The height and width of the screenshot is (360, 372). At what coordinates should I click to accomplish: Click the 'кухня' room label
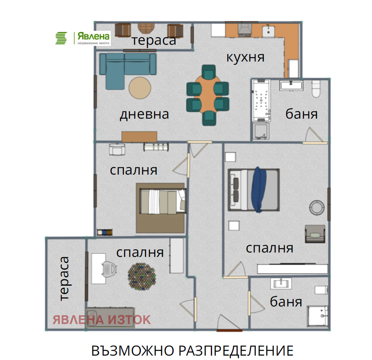[x=245, y=57]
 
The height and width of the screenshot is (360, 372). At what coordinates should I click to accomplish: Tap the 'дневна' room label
[x=144, y=114]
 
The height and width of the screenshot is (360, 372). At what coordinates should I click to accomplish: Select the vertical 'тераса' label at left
[x=64, y=278]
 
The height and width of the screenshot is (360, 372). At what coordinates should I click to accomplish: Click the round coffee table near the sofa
[x=140, y=88]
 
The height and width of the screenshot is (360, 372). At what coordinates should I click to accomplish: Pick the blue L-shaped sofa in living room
[x=124, y=68]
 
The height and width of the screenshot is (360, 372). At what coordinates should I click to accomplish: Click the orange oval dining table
[x=208, y=95]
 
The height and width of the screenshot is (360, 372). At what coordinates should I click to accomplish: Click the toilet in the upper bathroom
[x=316, y=89]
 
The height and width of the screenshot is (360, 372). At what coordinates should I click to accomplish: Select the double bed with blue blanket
[x=253, y=189]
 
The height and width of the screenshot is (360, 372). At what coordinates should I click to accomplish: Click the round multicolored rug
[x=141, y=275]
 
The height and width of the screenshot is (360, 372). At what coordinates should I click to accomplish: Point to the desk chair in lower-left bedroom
[x=109, y=268]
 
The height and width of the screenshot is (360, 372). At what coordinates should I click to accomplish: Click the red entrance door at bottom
[x=229, y=330]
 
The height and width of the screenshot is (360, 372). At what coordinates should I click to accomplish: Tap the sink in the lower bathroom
[x=283, y=284]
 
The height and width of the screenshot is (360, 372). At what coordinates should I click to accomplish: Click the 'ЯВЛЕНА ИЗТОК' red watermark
[x=102, y=320]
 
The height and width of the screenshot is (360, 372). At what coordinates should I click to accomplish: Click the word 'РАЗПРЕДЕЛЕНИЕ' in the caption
[x=236, y=350]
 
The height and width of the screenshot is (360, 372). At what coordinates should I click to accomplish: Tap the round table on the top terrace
[x=148, y=28]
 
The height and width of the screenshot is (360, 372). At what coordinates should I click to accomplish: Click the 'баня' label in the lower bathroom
[x=286, y=302]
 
